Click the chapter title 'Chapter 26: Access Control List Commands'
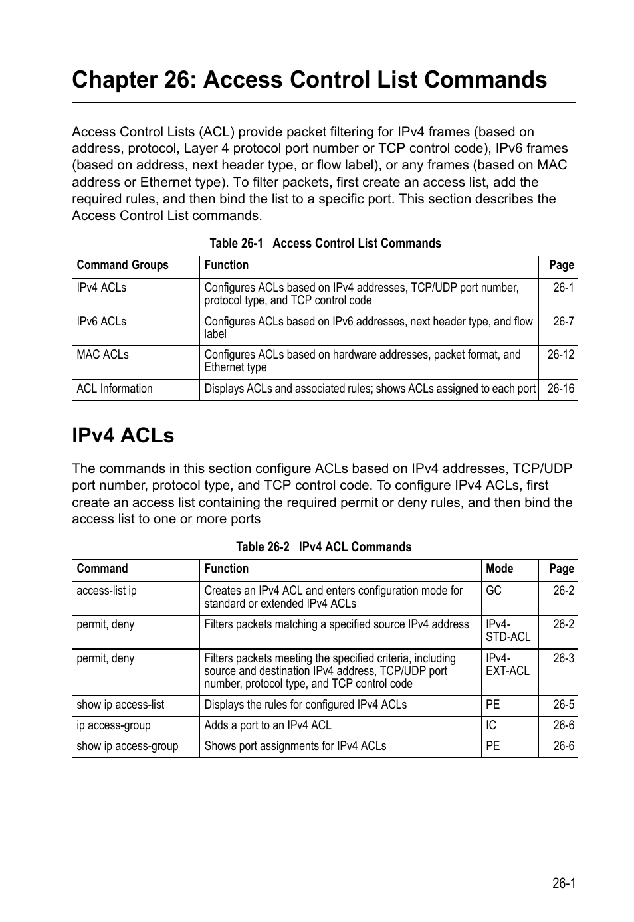coord(309,80)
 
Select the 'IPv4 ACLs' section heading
coord(123,436)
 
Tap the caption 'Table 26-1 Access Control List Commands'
coord(325,244)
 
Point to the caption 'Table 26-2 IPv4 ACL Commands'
coord(324,547)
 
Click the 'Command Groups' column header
coord(123,265)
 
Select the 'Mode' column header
coord(499,569)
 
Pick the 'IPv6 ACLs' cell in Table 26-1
coord(101,322)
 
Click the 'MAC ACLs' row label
coord(102,355)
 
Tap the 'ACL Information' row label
coord(114,389)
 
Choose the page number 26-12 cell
coord(560,355)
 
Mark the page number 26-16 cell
coord(560,389)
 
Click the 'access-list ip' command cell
coord(106,591)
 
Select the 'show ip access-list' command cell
coord(120,705)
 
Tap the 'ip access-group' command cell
coord(114,725)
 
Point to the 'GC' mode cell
coord(493,591)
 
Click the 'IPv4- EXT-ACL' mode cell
coord(508,665)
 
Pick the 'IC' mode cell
coord(491,725)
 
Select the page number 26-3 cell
coord(563,658)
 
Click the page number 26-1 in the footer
coord(563,883)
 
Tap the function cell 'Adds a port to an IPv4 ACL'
coord(268,725)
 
